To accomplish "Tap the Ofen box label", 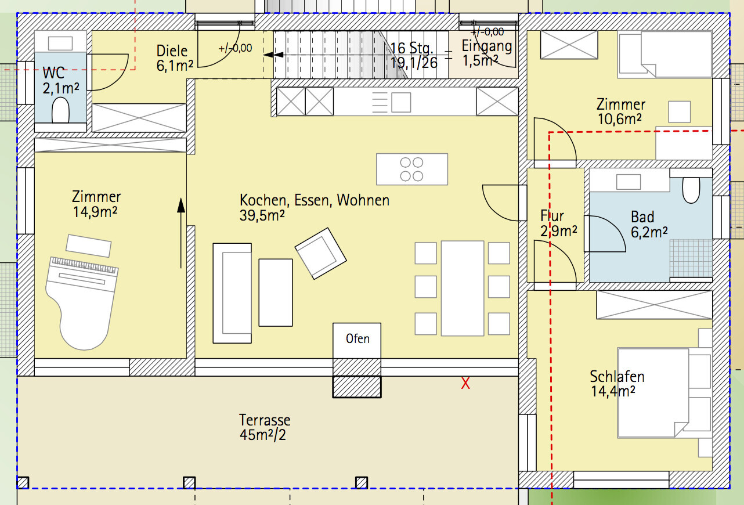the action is tap(357, 339).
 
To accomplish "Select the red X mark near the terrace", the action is tap(465, 384).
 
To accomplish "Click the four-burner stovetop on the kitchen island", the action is tap(412, 169).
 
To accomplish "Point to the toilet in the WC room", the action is tap(60, 110).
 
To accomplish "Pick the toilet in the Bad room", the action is tap(691, 190).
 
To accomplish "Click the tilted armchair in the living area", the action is tap(320, 253).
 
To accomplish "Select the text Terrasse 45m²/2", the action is tap(265, 427).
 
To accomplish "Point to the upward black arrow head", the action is tap(181, 205).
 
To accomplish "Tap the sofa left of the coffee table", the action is tap(232, 293).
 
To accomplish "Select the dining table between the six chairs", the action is tap(463, 288).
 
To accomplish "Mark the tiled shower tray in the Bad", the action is tap(691, 258).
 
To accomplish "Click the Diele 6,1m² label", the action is tap(175, 58).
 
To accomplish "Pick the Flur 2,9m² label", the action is tap(559, 223).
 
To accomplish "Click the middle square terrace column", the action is tap(189, 483).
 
